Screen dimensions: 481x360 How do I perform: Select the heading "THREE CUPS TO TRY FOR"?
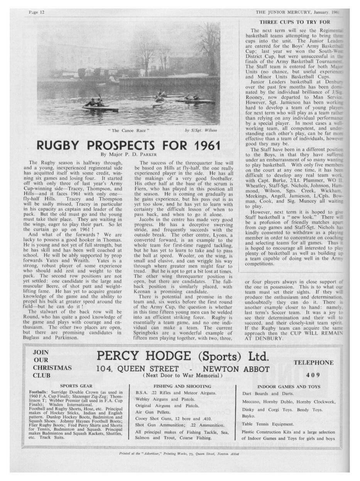coord(294,22)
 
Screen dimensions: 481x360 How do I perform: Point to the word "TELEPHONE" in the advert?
coord(313,363)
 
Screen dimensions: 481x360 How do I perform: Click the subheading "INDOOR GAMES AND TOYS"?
coord(289,386)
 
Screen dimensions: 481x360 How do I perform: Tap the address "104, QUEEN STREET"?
coord(137,368)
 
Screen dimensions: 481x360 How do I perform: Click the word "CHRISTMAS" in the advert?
coord(52,368)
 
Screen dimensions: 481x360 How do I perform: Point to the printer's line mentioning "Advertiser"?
coord(179,454)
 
